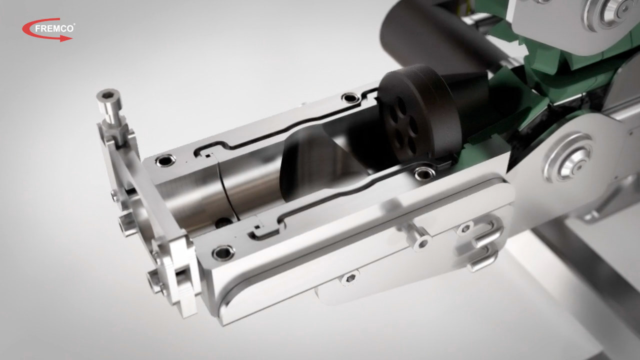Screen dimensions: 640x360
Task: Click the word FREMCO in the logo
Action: [x=54, y=28]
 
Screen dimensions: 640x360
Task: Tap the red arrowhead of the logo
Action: [x=66, y=38]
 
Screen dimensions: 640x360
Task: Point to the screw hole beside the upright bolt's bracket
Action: [x=165, y=160]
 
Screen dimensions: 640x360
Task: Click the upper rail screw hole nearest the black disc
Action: [x=350, y=98]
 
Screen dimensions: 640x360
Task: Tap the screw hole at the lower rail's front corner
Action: [x=223, y=253]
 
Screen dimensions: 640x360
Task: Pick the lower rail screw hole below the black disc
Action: [x=424, y=173]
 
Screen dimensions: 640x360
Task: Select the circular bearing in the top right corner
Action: [x=614, y=11]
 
